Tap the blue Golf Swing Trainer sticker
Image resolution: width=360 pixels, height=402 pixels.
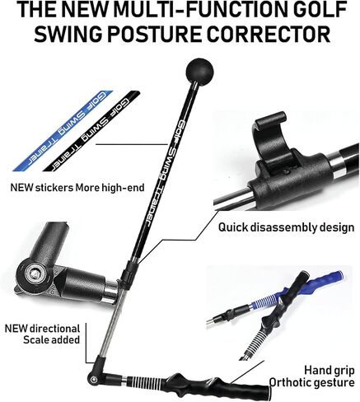[x=63, y=131]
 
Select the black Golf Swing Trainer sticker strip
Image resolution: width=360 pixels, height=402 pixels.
[x=91, y=131]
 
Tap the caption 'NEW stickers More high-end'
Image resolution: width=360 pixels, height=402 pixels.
[x=77, y=188]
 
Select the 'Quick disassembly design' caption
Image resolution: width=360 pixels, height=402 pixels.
[x=286, y=227]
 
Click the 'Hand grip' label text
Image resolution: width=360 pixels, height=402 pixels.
[x=329, y=371]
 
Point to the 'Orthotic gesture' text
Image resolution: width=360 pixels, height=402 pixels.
[x=311, y=382]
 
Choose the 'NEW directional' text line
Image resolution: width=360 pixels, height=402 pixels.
[x=42, y=329]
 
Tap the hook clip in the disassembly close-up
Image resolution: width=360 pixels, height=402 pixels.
[x=270, y=138]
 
